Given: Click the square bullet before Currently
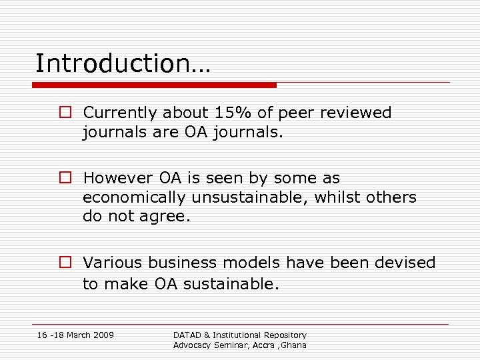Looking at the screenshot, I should (63, 113).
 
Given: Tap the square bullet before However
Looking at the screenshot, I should (63, 178).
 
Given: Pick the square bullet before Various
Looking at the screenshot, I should (63, 263).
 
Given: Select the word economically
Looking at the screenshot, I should (135, 197).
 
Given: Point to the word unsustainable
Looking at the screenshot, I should (249, 197).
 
